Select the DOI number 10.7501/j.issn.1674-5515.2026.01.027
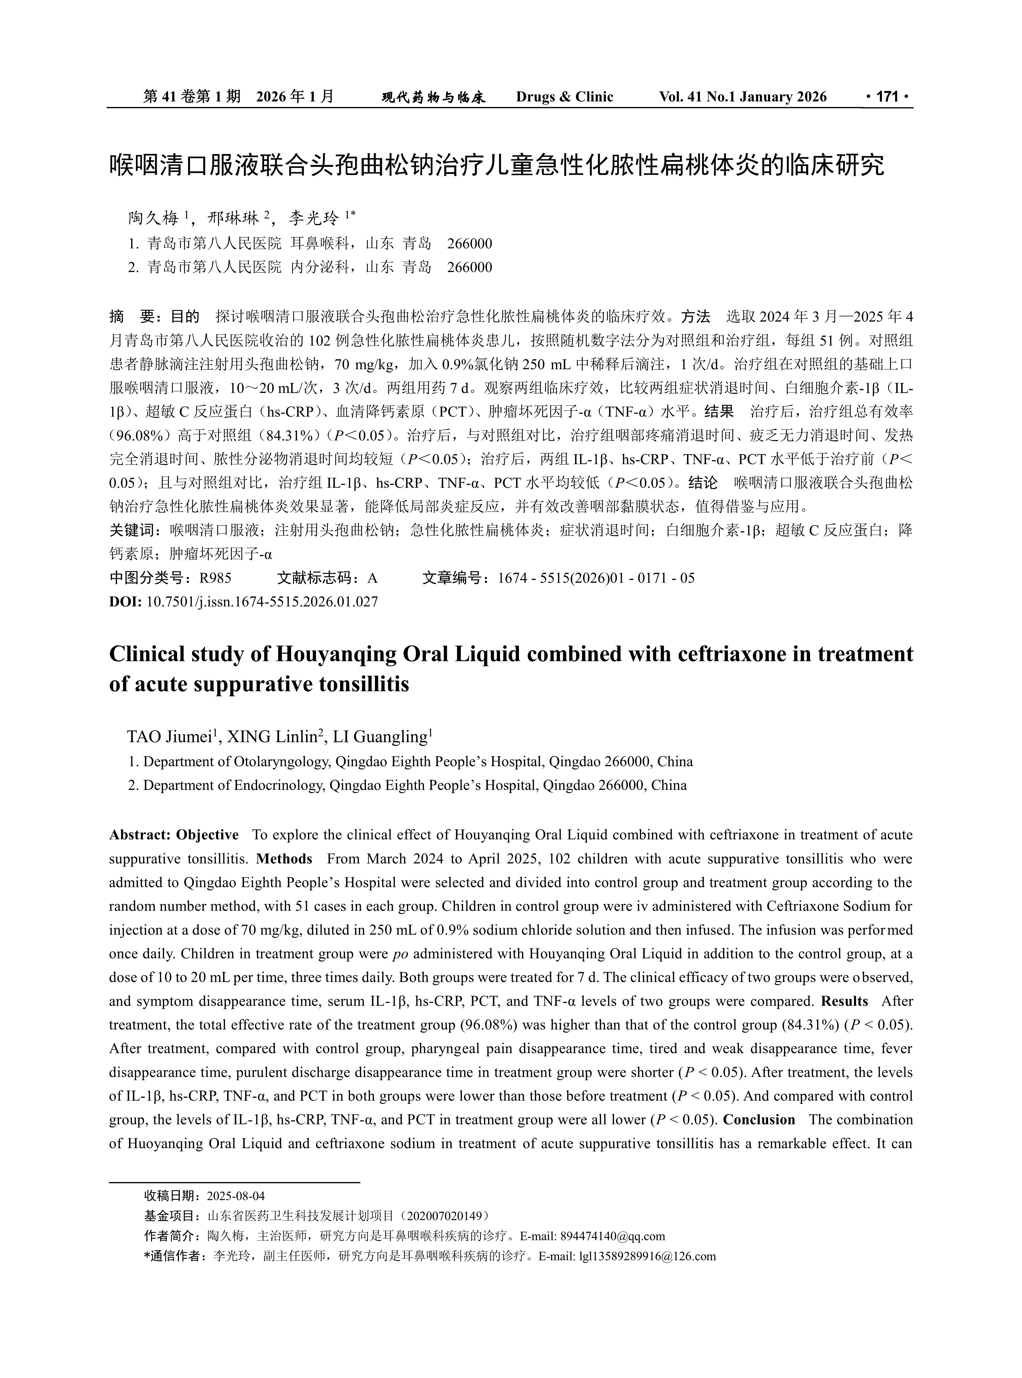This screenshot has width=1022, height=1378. click(262, 601)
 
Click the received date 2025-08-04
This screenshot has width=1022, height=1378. click(235, 1195)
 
